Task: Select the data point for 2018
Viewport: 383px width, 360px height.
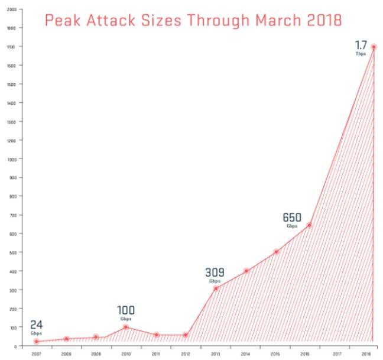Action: (374, 47)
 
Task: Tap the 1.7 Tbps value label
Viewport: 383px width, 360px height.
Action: (361, 47)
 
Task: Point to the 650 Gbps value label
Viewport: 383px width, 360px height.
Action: (292, 219)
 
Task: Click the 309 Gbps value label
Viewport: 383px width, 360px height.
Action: (215, 274)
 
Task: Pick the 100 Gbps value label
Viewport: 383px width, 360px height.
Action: (125, 312)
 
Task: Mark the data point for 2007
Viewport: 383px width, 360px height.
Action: (36, 341)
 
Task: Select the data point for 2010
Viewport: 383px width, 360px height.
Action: (126, 327)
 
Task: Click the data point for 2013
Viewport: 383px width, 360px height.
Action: (216, 288)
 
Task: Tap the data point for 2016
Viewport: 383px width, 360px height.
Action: (309, 225)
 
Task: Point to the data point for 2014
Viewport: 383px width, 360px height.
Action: (246, 271)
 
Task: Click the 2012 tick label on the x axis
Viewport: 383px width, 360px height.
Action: (185, 353)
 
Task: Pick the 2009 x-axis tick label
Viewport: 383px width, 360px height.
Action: (95, 353)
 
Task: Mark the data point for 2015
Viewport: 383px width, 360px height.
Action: (276, 252)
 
